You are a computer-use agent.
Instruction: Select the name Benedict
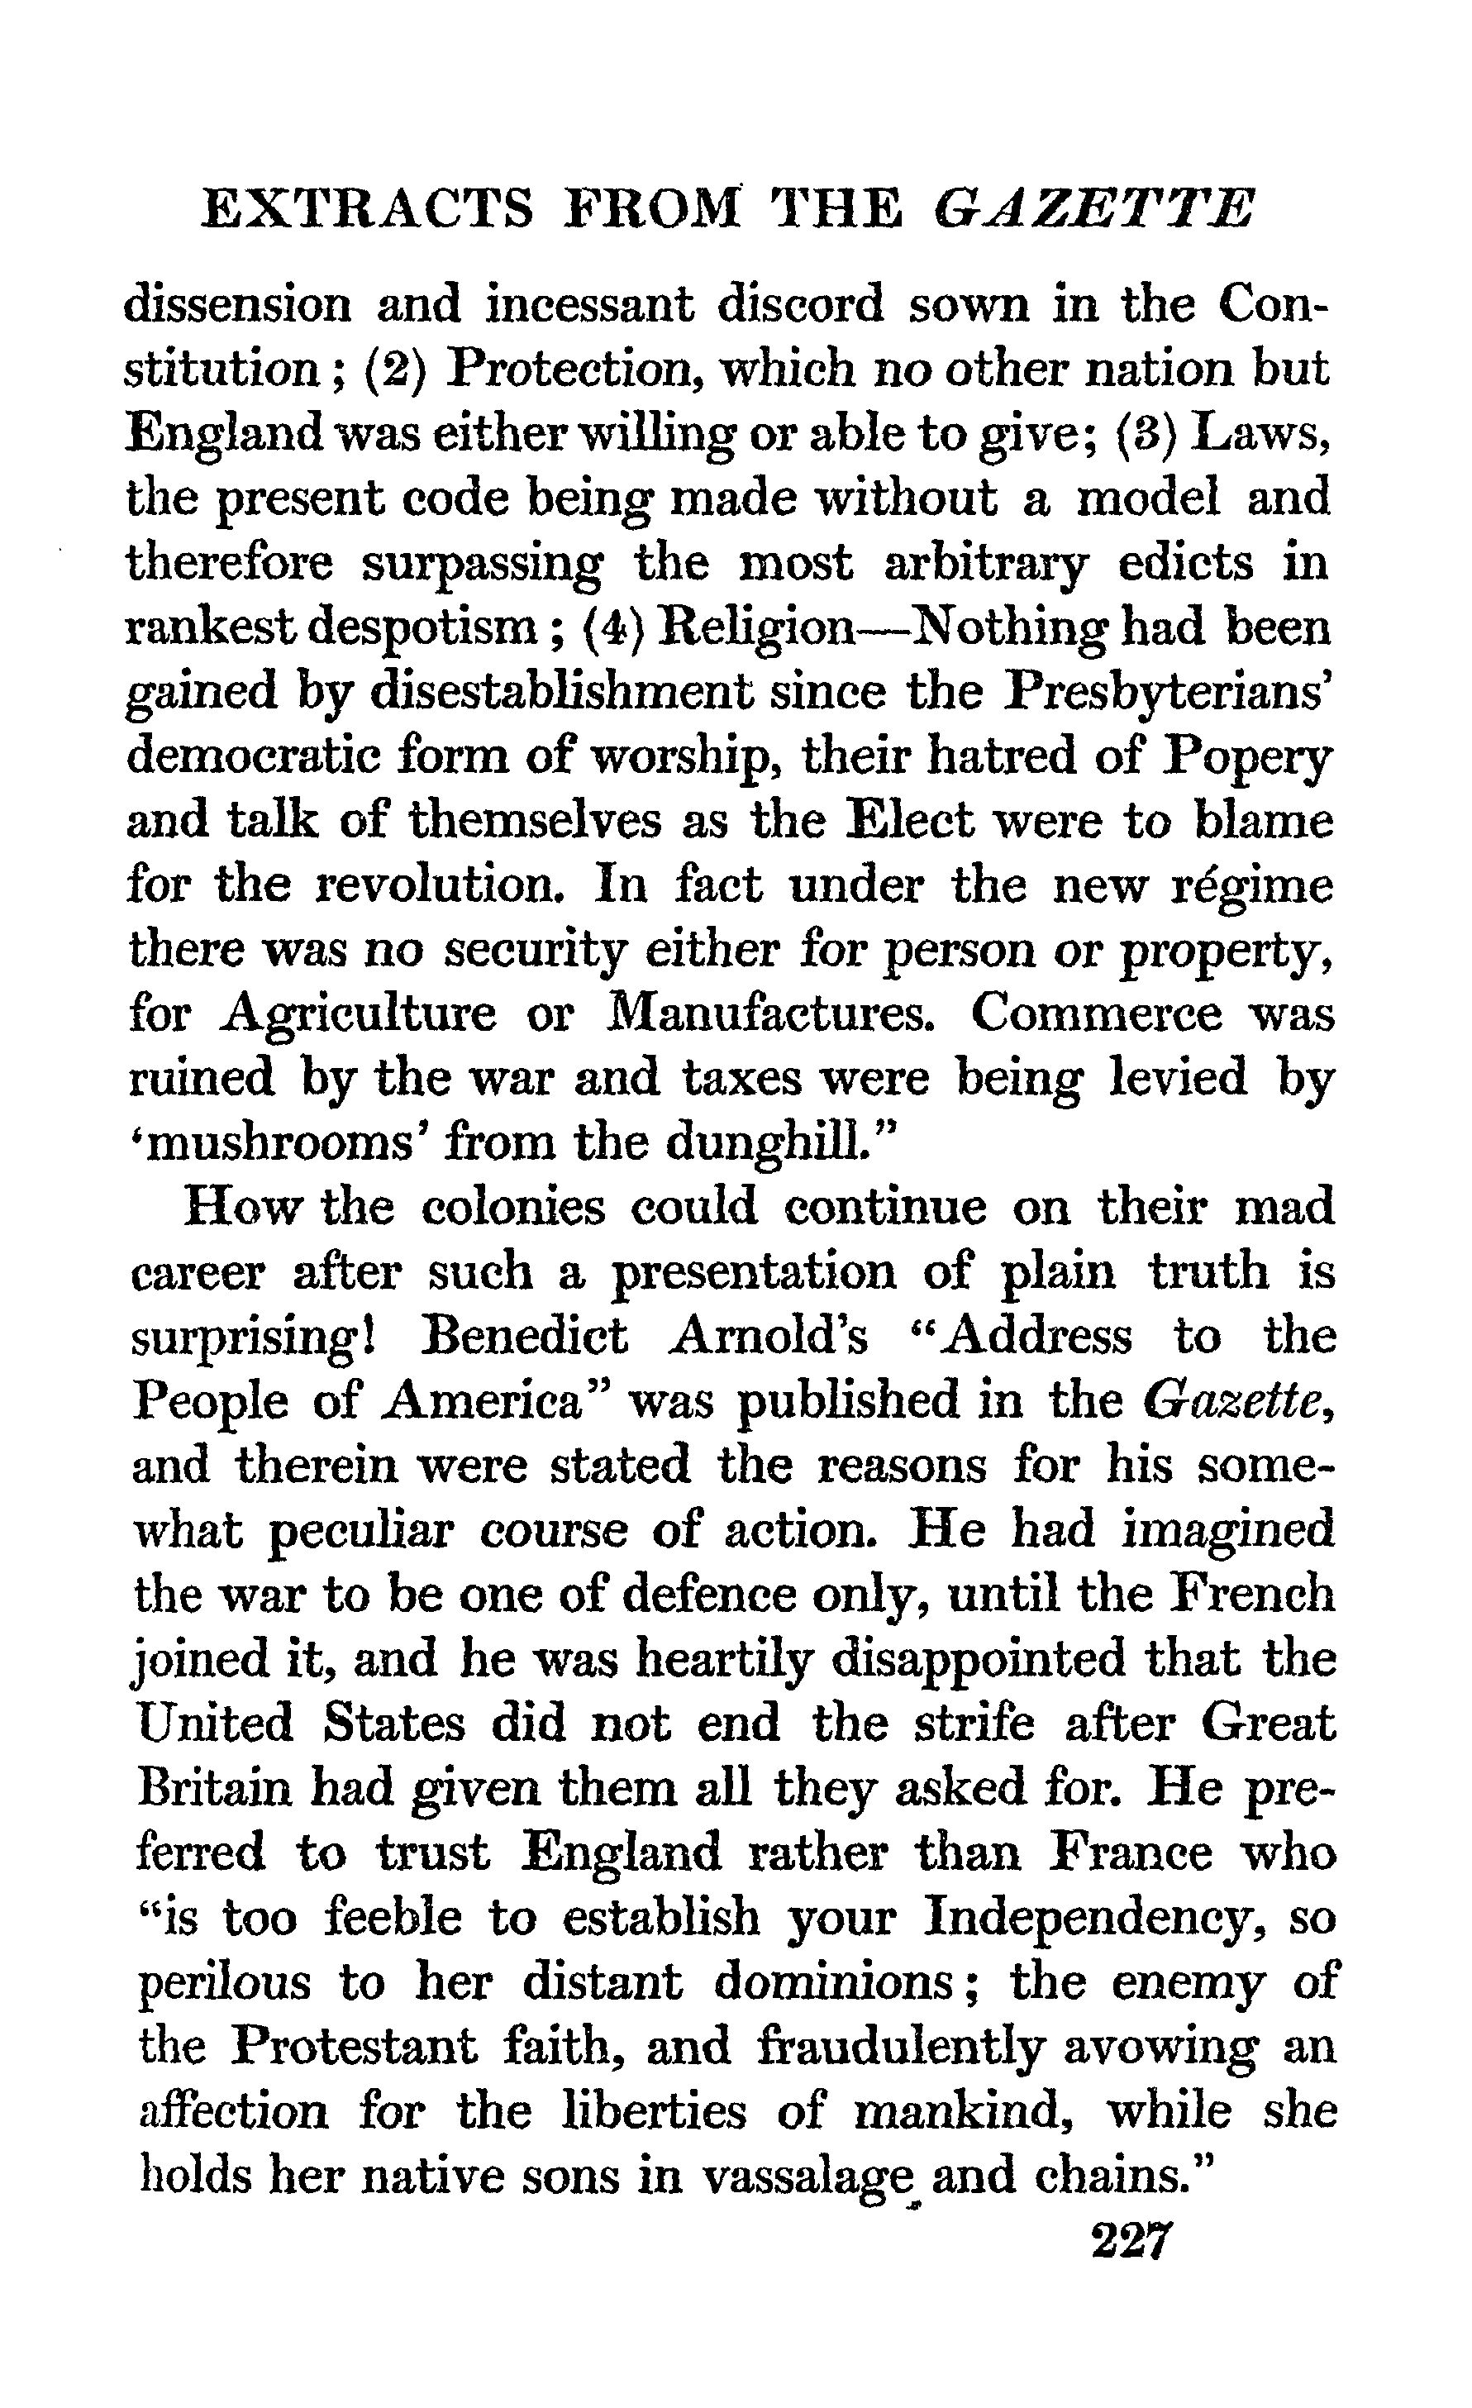click(x=524, y=1337)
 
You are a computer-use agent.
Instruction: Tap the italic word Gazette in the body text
click(x=1235, y=1401)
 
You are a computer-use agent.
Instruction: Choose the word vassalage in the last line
click(x=813, y=2176)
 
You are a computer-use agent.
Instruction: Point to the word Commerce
click(x=1097, y=1014)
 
